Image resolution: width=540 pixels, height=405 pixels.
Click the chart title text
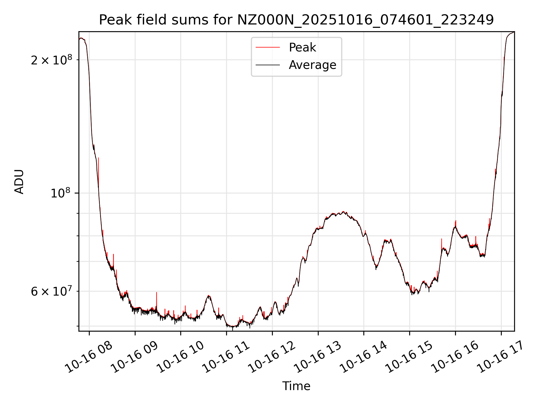tap(296, 20)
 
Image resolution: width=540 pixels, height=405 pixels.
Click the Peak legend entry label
tap(302, 48)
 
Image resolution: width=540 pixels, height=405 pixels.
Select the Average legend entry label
tap(312, 65)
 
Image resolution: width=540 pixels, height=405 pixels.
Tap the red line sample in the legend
tap(267, 48)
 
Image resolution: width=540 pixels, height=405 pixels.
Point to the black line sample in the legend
tap(267, 65)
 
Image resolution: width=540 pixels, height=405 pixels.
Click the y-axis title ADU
tap(19, 182)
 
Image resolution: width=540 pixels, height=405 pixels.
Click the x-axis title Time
tap(296, 386)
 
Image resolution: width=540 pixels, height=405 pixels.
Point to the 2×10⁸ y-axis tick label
tap(51, 60)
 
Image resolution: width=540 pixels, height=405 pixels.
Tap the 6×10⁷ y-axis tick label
tap(51, 292)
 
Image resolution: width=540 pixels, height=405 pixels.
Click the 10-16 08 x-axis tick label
tap(89, 357)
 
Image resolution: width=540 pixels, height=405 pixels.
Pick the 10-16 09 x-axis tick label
tap(134, 357)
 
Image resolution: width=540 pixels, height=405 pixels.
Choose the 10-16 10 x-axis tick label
tap(180, 357)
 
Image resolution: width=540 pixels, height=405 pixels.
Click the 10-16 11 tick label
tap(226, 357)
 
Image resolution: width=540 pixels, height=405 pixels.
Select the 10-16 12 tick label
tap(272, 357)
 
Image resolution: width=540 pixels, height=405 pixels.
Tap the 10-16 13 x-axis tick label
tap(318, 357)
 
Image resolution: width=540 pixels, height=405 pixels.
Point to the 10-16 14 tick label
tap(363, 357)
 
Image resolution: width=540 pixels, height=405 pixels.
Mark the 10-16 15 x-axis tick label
tap(409, 357)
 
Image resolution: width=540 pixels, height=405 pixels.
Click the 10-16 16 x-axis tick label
tap(455, 357)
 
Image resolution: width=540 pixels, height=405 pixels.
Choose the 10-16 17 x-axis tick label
tap(501, 357)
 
